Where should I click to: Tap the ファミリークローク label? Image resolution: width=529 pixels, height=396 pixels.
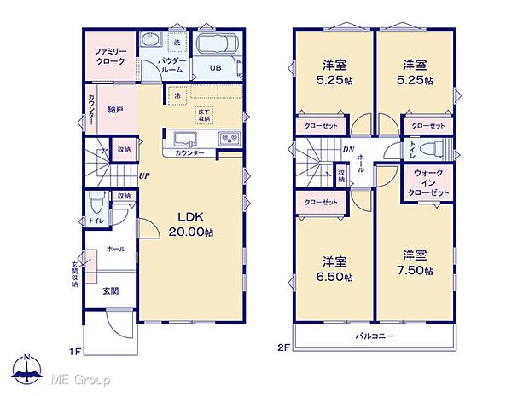tap(110, 56)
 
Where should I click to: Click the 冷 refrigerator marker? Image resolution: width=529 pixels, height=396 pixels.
tap(177, 95)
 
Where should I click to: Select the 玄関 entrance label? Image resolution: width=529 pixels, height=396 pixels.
tap(111, 290)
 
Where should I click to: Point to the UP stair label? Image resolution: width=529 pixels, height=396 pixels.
tap(145, 176)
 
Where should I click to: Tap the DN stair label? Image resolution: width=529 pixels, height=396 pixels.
tap(348, 150)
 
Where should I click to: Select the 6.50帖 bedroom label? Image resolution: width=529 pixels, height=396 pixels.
tap(334, 268)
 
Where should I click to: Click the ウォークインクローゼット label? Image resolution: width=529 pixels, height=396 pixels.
tap(427, 182)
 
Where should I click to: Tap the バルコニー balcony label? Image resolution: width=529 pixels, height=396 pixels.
tap(374, 336)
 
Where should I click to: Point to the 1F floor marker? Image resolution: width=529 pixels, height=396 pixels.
tap(73, 350)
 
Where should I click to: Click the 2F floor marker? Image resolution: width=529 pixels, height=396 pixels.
tap(284, 347)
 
